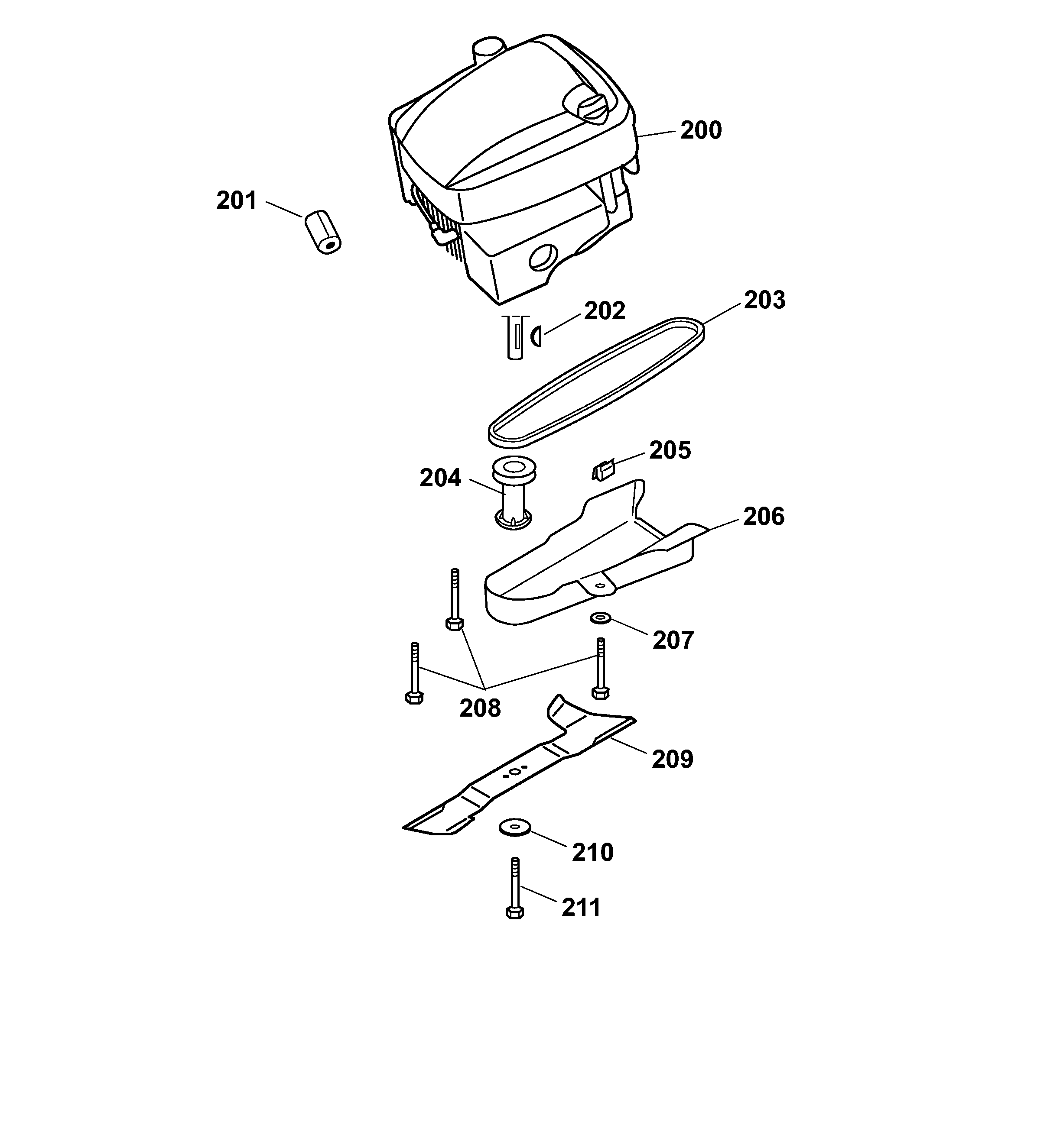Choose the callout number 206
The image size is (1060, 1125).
[763, 517]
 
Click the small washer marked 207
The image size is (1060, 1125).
[598, 618]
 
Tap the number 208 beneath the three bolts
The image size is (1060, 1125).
[480, 708]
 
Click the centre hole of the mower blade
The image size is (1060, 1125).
[514, 772]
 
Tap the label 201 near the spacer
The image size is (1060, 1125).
[236, 201]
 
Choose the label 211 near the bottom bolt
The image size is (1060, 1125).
[581, 908]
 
